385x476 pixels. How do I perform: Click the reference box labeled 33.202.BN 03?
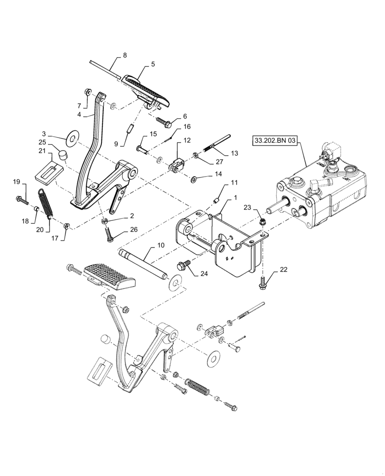coord(276,141)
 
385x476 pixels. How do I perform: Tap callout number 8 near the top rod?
coord(125,55)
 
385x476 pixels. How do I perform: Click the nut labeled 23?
coord(262,221)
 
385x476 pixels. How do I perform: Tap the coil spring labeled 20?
coord(46,203)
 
